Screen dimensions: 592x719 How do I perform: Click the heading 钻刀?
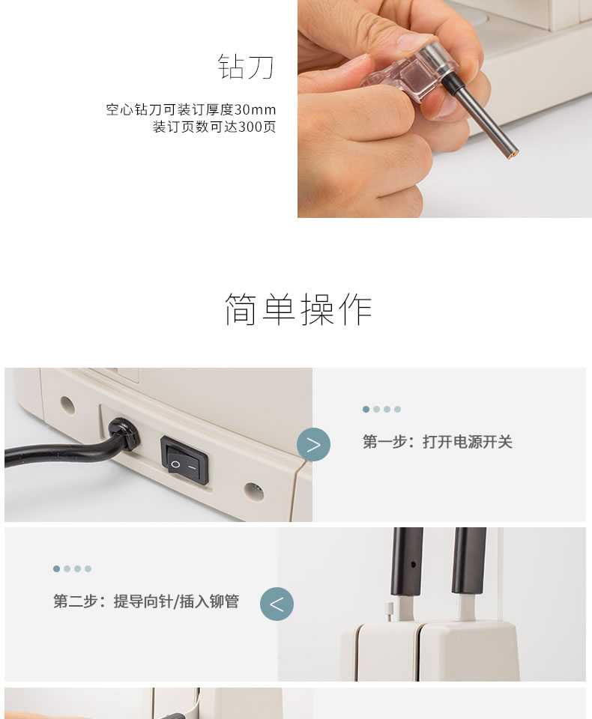coord(246,67)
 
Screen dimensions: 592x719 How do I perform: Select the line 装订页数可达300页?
coord(214,127)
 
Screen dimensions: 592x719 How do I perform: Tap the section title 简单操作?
coord(298,309)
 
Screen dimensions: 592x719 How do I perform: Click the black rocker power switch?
coord(184,461)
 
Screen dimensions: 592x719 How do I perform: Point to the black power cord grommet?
coord(124,434)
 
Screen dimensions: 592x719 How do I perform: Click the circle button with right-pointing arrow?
coord(313,444)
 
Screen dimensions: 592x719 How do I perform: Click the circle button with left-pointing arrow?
coord(277,604)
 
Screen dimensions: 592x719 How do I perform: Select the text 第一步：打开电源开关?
coord(438,442)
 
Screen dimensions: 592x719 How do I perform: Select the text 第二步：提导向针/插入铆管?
coord(146,601)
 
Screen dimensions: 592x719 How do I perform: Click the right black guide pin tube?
coord(468,561)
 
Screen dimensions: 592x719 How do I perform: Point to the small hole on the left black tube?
coord(413,565)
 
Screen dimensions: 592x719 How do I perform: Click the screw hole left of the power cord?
coord(67,405)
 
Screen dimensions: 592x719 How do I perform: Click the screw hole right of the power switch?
coord(254,491)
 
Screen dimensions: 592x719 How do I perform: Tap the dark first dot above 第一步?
coord(366,409)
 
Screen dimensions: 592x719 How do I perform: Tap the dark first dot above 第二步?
coord(56,568)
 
